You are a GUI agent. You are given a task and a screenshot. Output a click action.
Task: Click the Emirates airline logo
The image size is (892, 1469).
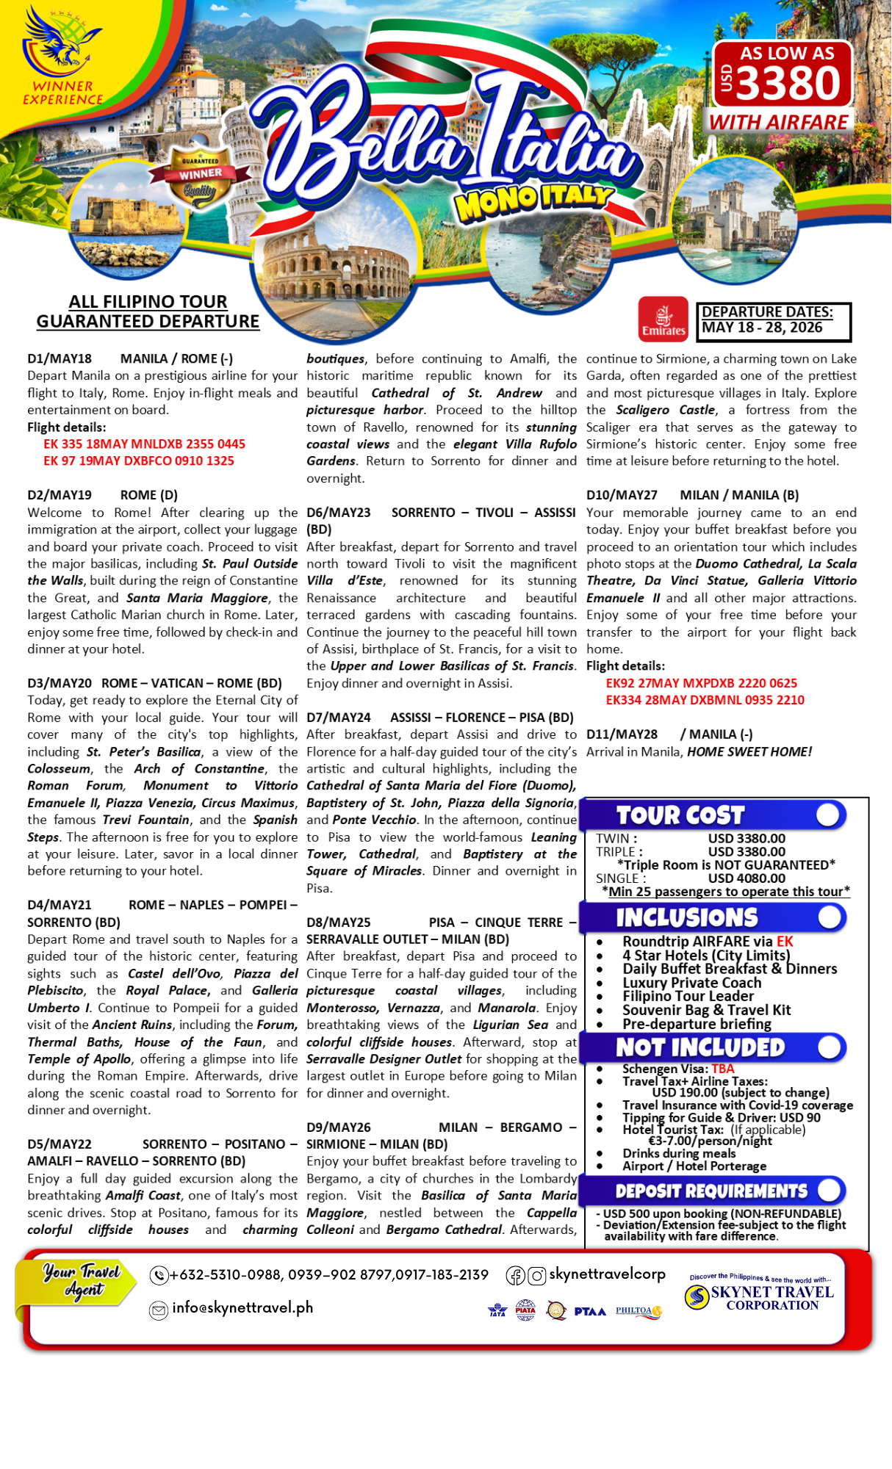(663, 320)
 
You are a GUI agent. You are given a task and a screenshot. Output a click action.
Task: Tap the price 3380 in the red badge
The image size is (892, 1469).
(788, 83)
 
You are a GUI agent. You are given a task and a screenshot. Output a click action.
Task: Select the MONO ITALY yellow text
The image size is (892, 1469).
(534, 201)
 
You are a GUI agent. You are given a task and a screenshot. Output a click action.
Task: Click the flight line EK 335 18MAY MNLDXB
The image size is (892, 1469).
(144, 444)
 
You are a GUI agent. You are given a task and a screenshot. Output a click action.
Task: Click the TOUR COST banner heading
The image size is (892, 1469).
(680, 815)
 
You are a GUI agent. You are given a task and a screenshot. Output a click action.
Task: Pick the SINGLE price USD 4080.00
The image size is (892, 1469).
(747, 878)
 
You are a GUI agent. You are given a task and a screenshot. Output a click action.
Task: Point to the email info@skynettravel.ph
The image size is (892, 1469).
(242, 1308)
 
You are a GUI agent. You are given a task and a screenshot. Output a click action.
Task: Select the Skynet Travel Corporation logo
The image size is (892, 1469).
(760, 1297)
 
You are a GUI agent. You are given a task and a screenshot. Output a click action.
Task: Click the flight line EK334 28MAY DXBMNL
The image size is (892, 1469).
(705, 700)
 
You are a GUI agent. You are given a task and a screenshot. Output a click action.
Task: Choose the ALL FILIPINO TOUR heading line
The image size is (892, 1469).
(148, 302)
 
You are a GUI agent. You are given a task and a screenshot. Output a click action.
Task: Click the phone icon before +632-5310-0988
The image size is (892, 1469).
(159, 1275)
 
